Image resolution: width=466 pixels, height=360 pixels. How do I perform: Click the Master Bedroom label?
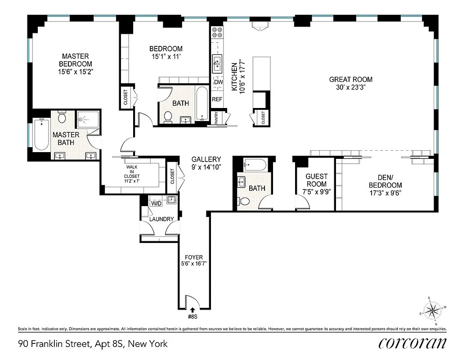click(x=75, y=60)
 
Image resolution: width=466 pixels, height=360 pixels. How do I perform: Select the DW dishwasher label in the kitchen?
click(x=219, y=82)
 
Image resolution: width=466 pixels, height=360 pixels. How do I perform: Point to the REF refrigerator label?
click(x=217, y=99)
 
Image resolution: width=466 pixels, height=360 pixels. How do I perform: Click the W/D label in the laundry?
click(x=156, y=203)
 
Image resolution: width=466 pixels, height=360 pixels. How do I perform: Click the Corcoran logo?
click(x=412, y=343)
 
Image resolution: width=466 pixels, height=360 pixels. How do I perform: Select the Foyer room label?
click(x=194, y=257)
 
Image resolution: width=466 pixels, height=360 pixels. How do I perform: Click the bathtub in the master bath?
click(x=41, y=134)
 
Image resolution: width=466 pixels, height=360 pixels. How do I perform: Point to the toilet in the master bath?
click(x=62, y=118)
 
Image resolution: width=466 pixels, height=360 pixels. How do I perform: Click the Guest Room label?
click(x=316, y=180)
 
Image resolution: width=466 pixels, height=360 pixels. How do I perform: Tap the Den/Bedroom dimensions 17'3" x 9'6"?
click(x=385, y=193)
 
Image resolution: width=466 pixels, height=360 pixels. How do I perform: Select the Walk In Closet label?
click(x=132, y=173)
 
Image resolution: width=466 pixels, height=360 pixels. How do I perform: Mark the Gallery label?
click(x=206, y=159)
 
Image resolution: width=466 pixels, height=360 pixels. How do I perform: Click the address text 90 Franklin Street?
click(x=93, y=344)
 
